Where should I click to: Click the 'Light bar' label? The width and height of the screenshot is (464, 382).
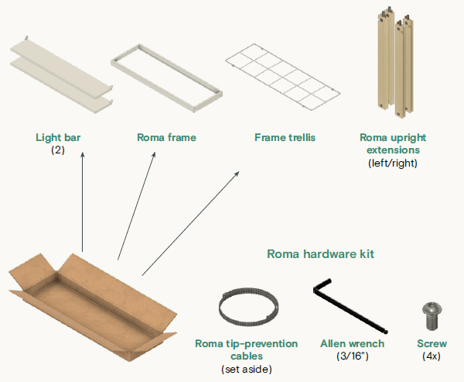pyautogui.click(x=58, y=138)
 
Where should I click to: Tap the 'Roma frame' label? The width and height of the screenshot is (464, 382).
pyautogui.click(x=166, y=138)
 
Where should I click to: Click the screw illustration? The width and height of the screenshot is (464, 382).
pyautogui.click(x=431, y=317)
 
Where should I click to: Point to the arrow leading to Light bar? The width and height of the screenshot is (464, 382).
pyautogui.click(x=82, y=201)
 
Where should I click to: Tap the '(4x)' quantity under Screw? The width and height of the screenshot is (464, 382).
pyautogui.click(x=432, y=356)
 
